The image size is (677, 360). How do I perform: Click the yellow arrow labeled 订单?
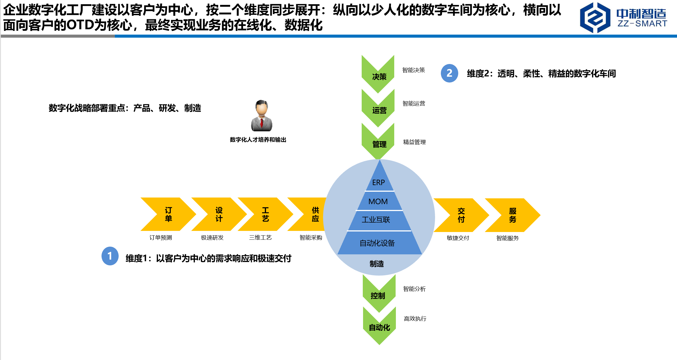168,214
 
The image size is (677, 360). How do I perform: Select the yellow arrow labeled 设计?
219,214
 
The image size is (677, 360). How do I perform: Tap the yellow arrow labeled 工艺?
265,214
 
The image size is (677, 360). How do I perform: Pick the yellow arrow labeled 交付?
461,215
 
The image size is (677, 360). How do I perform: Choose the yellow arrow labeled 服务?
513,215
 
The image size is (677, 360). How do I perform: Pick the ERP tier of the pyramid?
379,182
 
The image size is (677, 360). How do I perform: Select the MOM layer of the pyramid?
378,201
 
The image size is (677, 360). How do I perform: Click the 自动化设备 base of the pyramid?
378,243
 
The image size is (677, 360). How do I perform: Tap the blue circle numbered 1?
110,256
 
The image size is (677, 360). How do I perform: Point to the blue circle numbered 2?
449,73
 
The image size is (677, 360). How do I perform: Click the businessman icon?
262,116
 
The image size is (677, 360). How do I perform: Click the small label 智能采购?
311,238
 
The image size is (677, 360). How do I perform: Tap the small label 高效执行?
415,319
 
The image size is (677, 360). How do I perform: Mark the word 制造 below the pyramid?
377,264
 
